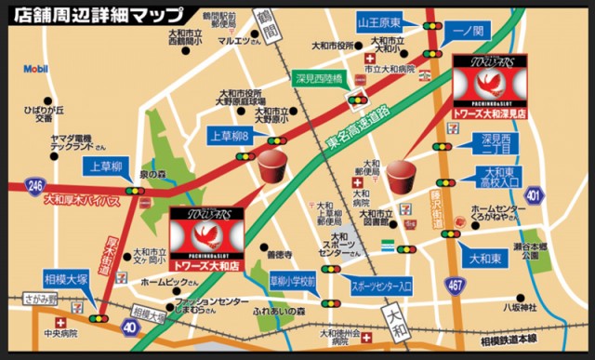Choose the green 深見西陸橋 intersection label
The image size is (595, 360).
319,80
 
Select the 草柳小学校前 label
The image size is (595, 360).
293,281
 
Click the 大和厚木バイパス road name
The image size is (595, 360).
82,199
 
